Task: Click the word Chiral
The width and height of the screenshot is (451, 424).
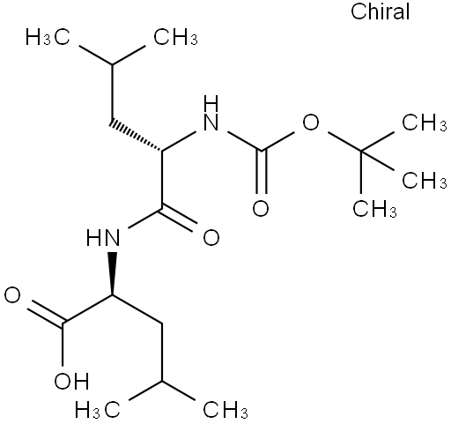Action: tap(380, 12)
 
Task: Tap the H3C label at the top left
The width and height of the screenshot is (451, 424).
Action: tap(48, 37)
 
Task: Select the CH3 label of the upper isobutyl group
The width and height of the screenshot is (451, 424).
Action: tap(175, 37)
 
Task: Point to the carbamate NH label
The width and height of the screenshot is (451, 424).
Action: tap(211, 113)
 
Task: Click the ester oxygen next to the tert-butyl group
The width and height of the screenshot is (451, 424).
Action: tap(310, 122)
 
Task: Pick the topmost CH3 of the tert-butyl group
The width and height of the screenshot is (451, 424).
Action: tap(425, 122)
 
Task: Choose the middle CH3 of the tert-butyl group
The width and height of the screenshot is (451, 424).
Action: tap(425, 180)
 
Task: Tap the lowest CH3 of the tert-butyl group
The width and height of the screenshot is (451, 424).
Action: tap(374, 209)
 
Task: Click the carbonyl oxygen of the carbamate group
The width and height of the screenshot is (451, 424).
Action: tap(261, 209)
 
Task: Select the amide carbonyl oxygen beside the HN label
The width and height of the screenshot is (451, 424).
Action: tap(211, 238)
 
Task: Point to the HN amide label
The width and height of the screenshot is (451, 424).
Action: tap(103, 238)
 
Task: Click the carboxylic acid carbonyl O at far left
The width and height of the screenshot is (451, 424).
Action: tap(12, 295)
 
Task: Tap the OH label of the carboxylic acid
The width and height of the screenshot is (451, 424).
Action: tap(71, 382)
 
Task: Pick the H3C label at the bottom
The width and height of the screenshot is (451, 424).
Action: tap(98, 409)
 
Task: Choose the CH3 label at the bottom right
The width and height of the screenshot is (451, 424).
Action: tap(225, 409)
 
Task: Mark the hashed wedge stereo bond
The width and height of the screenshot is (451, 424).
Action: tap(136, 136)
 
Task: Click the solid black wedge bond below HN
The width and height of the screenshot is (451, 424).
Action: tap(112, 273)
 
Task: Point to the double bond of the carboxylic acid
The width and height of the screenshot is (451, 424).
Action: tap(45, 314)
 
